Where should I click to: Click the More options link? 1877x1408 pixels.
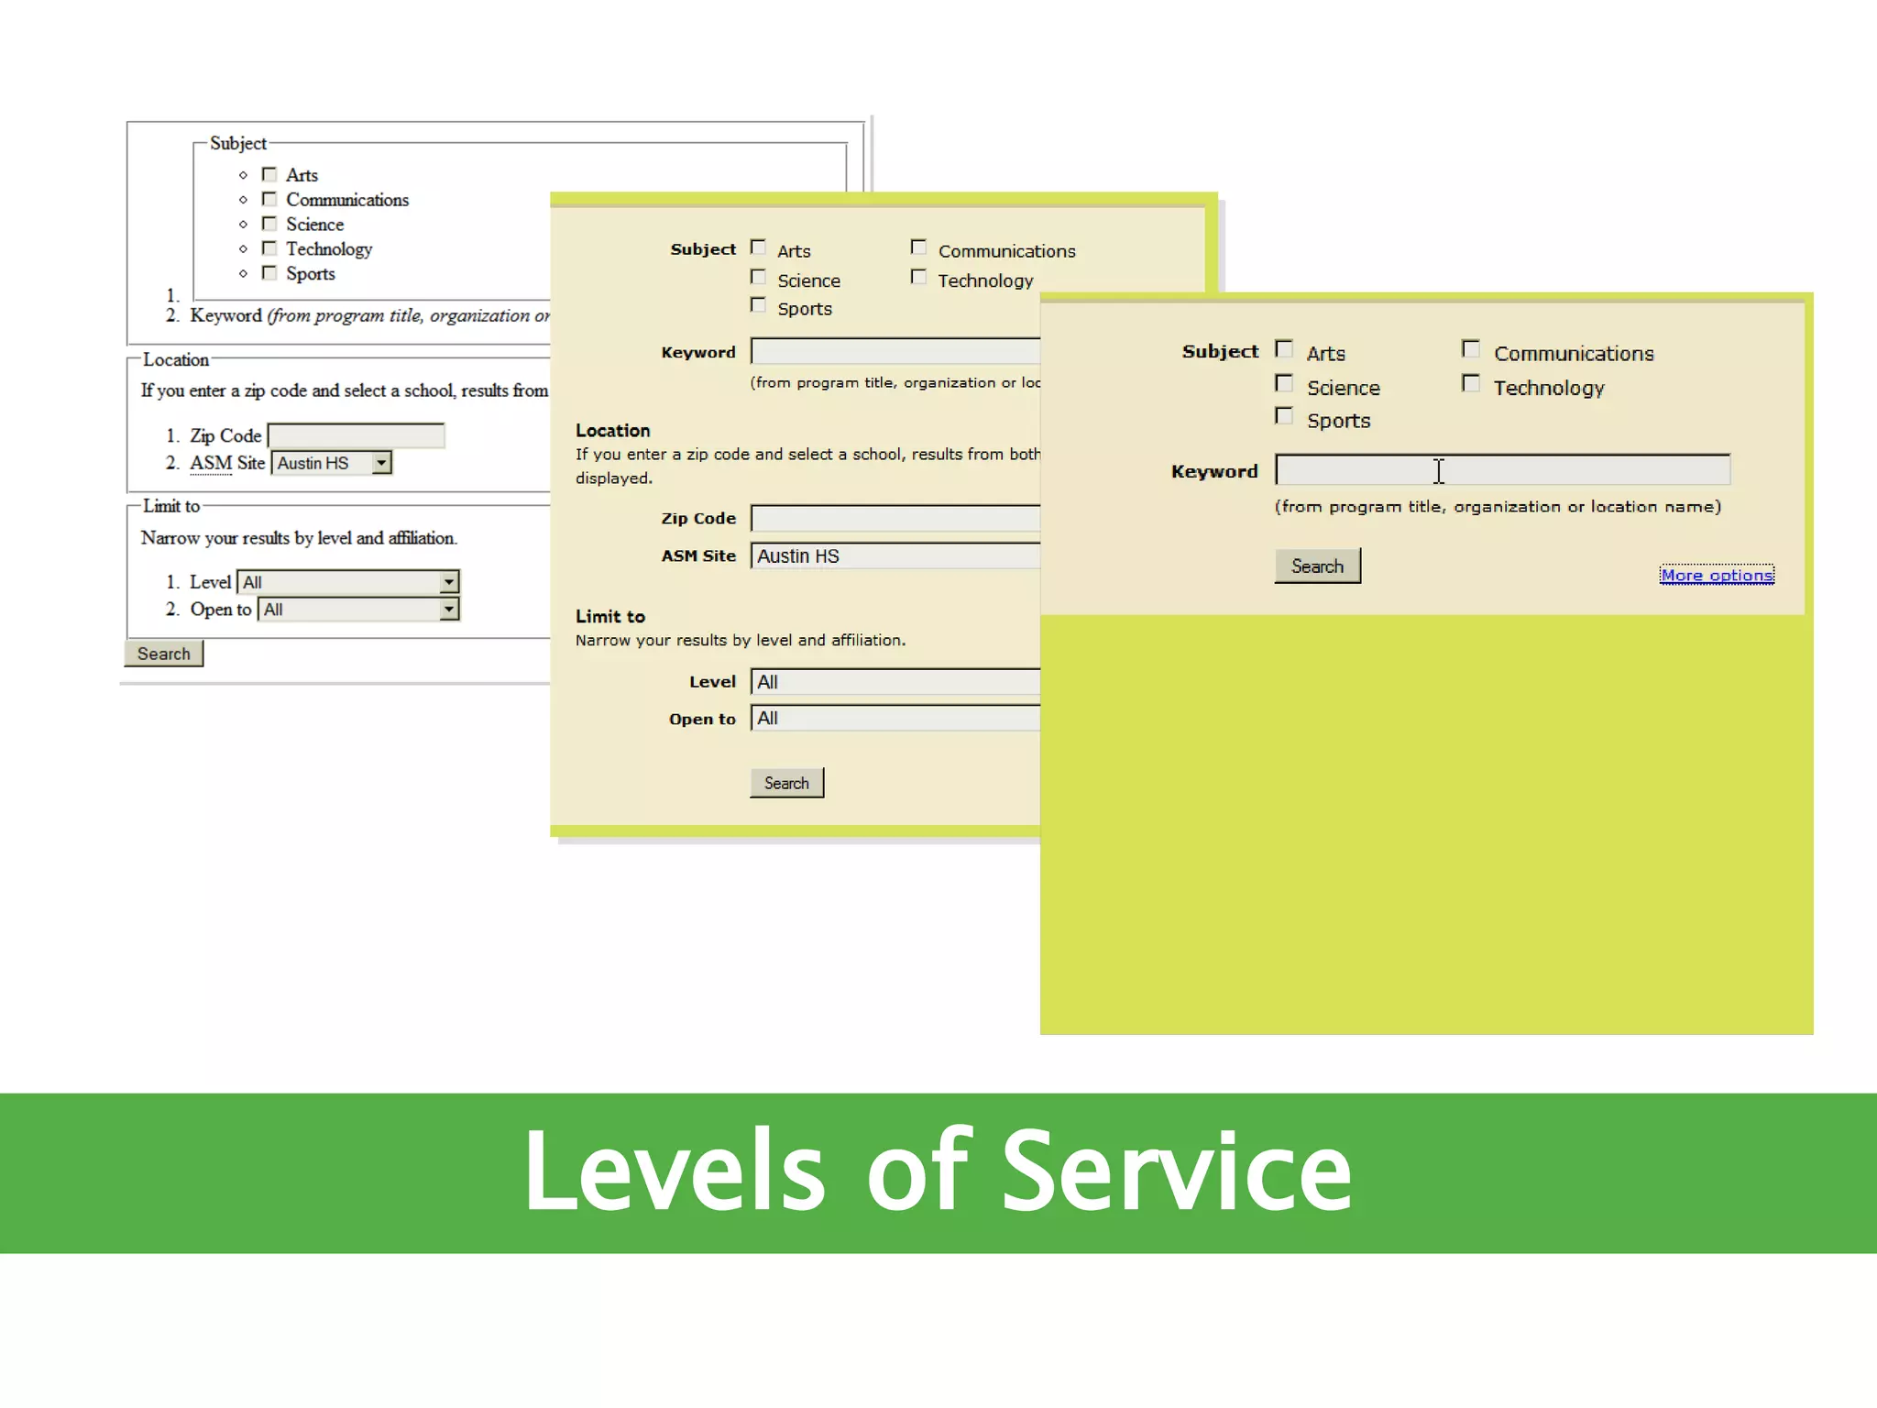1717,576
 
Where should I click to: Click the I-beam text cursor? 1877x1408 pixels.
1439,471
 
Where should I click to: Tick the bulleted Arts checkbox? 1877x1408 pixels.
269,174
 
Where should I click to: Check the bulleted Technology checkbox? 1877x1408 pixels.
269,248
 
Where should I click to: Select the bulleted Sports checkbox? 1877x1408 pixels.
269,273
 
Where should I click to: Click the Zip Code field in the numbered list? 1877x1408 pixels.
356,435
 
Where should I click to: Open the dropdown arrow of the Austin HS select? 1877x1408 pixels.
381,463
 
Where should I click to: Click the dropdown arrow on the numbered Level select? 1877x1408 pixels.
448,582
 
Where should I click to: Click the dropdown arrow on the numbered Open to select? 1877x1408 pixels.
448,610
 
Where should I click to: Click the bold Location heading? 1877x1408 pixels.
612,431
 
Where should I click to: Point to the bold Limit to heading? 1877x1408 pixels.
610,617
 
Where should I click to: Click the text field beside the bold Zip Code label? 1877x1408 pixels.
895,519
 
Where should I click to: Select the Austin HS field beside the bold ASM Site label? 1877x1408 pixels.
895,556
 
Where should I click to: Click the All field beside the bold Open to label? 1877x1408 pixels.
895,719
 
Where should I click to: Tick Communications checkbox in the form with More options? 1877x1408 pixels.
1471,349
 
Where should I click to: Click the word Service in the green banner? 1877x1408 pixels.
1177,1171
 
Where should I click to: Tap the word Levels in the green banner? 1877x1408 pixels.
675,1171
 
